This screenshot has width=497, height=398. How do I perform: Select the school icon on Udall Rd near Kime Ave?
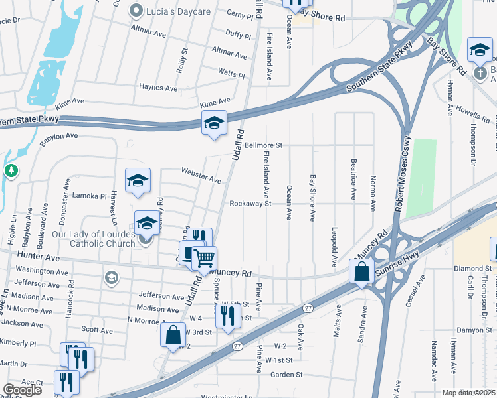(x=214, y=123)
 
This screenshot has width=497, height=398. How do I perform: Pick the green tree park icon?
(x=11, y=172)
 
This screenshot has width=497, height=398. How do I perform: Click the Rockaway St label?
(x=250, y=204)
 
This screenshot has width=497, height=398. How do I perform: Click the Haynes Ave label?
(x=158, y=88)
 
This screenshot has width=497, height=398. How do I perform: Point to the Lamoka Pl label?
(x=90, y=196)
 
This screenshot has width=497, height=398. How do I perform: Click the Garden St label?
(x=286, y=374)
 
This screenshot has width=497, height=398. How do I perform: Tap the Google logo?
(x=22, y=389)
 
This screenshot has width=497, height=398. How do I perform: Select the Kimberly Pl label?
(x=19, y=344)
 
